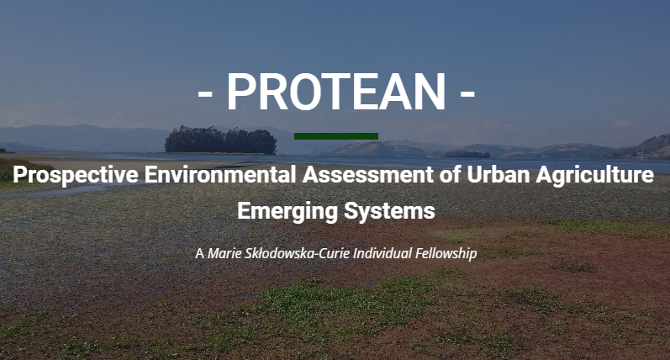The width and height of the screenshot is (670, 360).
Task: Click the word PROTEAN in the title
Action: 336,92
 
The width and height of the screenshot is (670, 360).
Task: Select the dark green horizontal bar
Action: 336,136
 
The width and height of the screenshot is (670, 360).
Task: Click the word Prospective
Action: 75,175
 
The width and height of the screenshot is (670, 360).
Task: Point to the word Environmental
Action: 220,174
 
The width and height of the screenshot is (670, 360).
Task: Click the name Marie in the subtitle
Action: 224,253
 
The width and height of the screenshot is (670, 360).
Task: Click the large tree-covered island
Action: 220,140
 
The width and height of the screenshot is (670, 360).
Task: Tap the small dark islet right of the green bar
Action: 466,154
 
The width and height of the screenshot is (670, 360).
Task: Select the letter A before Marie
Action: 199,254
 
